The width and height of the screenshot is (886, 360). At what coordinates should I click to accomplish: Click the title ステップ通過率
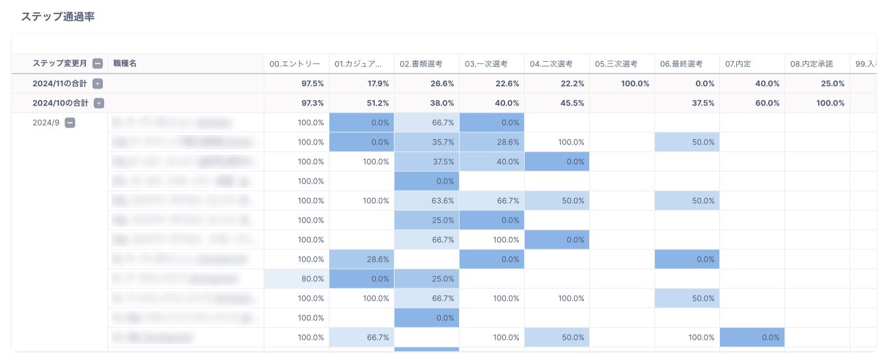tap(58, 17)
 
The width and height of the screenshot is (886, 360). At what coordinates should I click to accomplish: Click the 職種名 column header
tap(124, 63)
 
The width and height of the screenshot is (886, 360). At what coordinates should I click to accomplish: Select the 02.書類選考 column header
tap(421, 64)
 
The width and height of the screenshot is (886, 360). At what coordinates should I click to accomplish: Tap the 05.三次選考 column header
tap(616, 64)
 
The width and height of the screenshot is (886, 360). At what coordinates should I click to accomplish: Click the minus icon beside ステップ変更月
tap(98, 64)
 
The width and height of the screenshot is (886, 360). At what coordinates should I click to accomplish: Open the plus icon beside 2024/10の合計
tap(99, 103)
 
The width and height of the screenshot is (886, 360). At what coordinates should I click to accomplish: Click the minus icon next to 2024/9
tap(70, 122)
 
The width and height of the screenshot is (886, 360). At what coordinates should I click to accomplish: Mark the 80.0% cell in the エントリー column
tap(311, 279)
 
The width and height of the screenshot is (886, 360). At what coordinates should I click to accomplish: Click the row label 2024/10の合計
tap(61, 103)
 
